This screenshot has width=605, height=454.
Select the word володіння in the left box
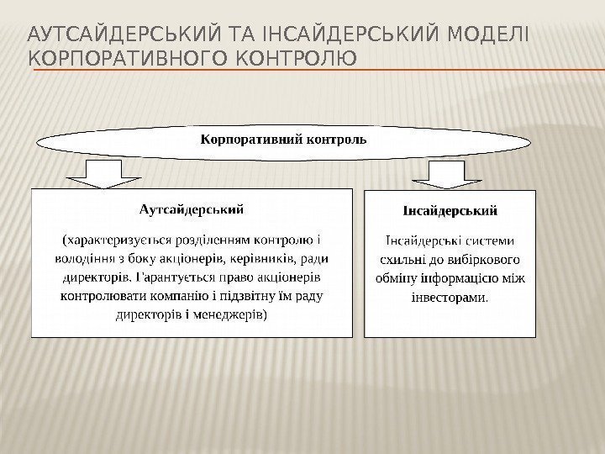pyautogui.click(x=84, y=257)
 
